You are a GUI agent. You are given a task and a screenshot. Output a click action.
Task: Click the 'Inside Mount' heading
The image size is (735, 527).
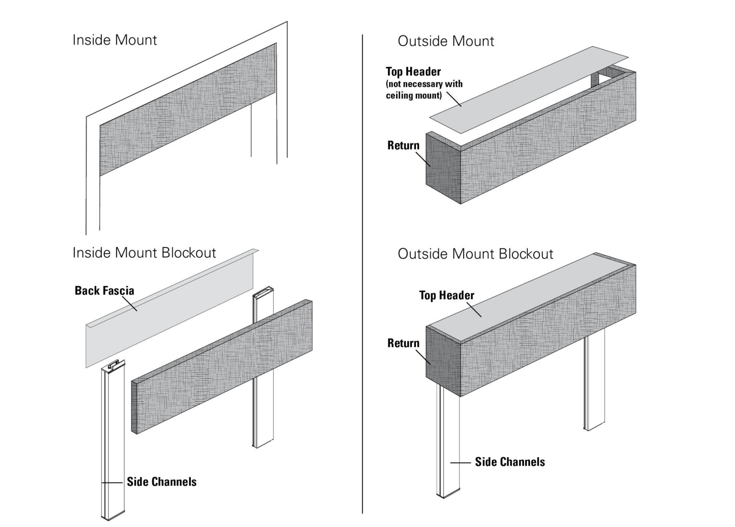(x=114, y=40)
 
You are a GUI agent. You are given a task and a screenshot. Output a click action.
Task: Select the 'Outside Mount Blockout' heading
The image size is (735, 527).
(x=475, y=254)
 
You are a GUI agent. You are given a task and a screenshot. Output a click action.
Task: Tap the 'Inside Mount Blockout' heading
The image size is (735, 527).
(x=144, y=253)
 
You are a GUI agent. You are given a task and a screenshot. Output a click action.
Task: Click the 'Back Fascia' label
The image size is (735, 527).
(x=104, y=291)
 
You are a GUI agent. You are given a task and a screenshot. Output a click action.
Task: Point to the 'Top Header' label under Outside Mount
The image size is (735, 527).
(x=413, y=72)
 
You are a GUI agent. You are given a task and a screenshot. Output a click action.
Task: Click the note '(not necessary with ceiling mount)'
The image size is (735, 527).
(x=424, y=90)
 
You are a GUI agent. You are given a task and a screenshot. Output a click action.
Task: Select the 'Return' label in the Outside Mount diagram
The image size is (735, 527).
(x=403, y=146)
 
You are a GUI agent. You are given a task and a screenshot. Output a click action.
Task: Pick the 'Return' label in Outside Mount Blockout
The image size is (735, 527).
(x=403, y=343)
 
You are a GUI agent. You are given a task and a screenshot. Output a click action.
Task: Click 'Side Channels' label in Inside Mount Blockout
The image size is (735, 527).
(x=161, y=482)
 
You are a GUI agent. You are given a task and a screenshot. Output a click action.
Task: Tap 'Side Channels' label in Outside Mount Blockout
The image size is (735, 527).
(x=510, y=462)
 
